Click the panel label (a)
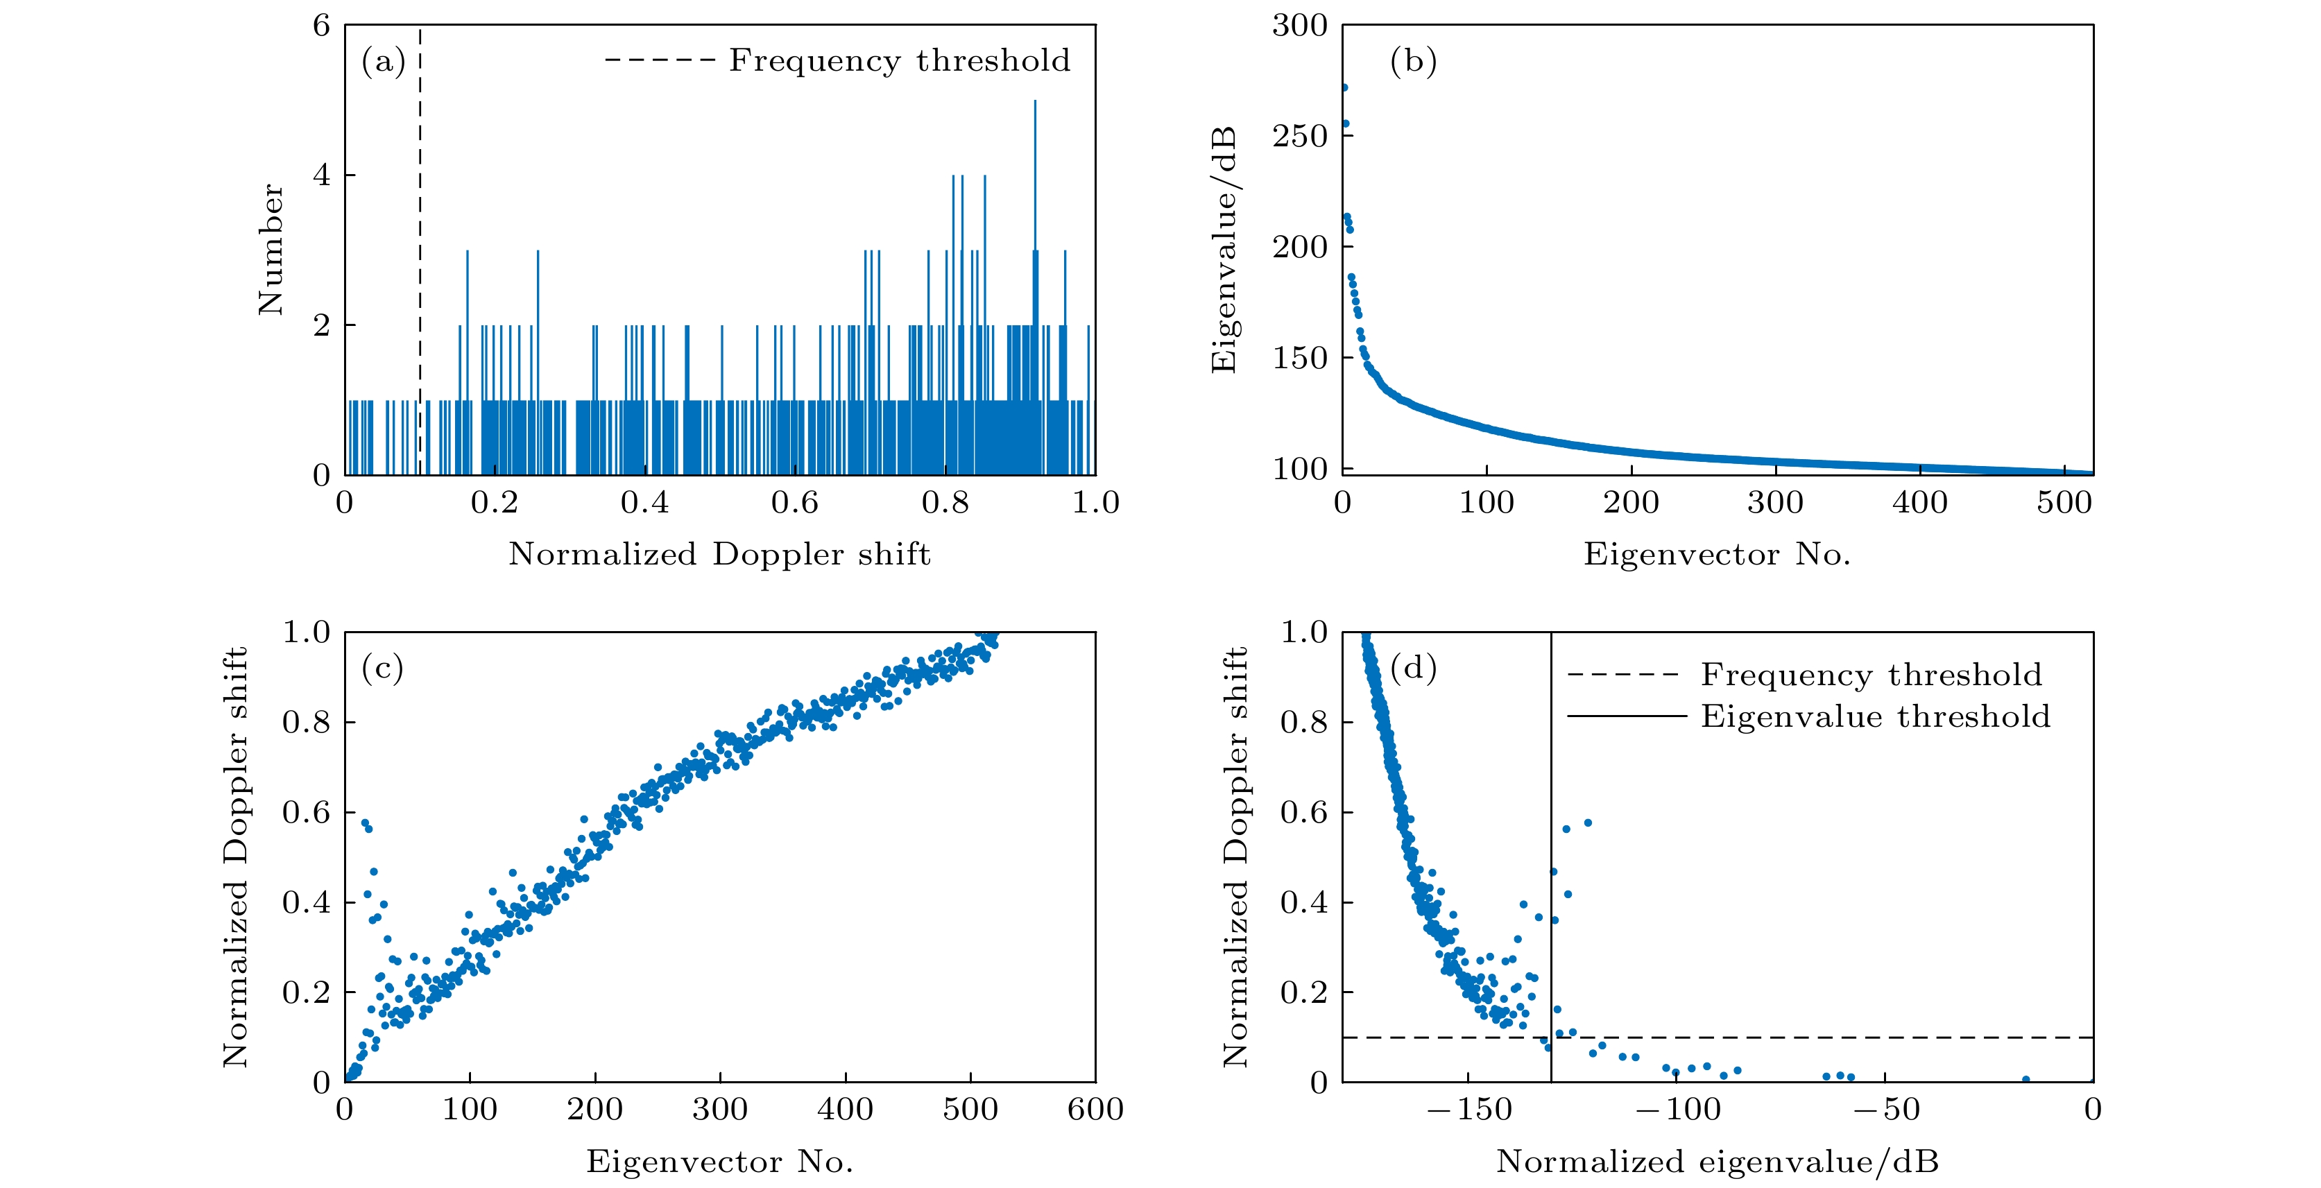coord(383,62)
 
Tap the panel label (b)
coord(1413,62)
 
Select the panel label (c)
coord(382,669)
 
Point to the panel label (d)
coord(1413,669)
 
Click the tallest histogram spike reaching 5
coord(1034,103)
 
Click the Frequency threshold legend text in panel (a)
coord(899,61)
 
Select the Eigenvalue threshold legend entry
coord(1874,718)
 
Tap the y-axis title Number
coord(271,250)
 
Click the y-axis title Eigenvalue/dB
coord(1224,250)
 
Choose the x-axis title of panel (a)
coord(719,554)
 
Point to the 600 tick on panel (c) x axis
coord(1095,1110)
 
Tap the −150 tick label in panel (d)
coord(1468,1110)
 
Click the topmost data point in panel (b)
coord(1344,87)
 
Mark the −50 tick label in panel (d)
coord(1885,1110)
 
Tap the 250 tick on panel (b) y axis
coord(1299,136)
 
